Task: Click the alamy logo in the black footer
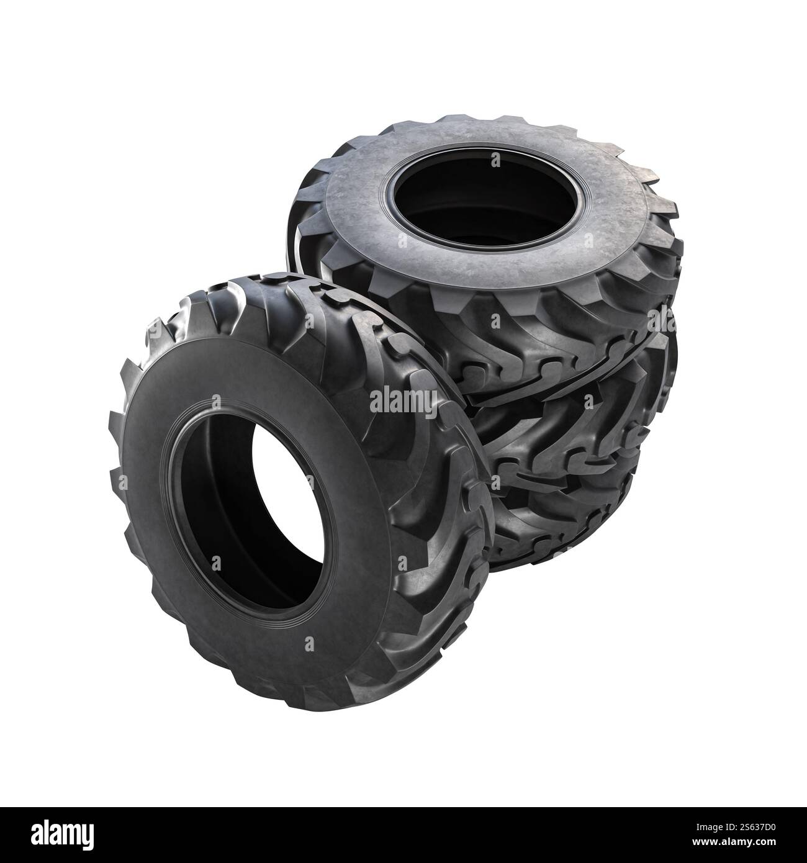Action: point(61,834)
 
